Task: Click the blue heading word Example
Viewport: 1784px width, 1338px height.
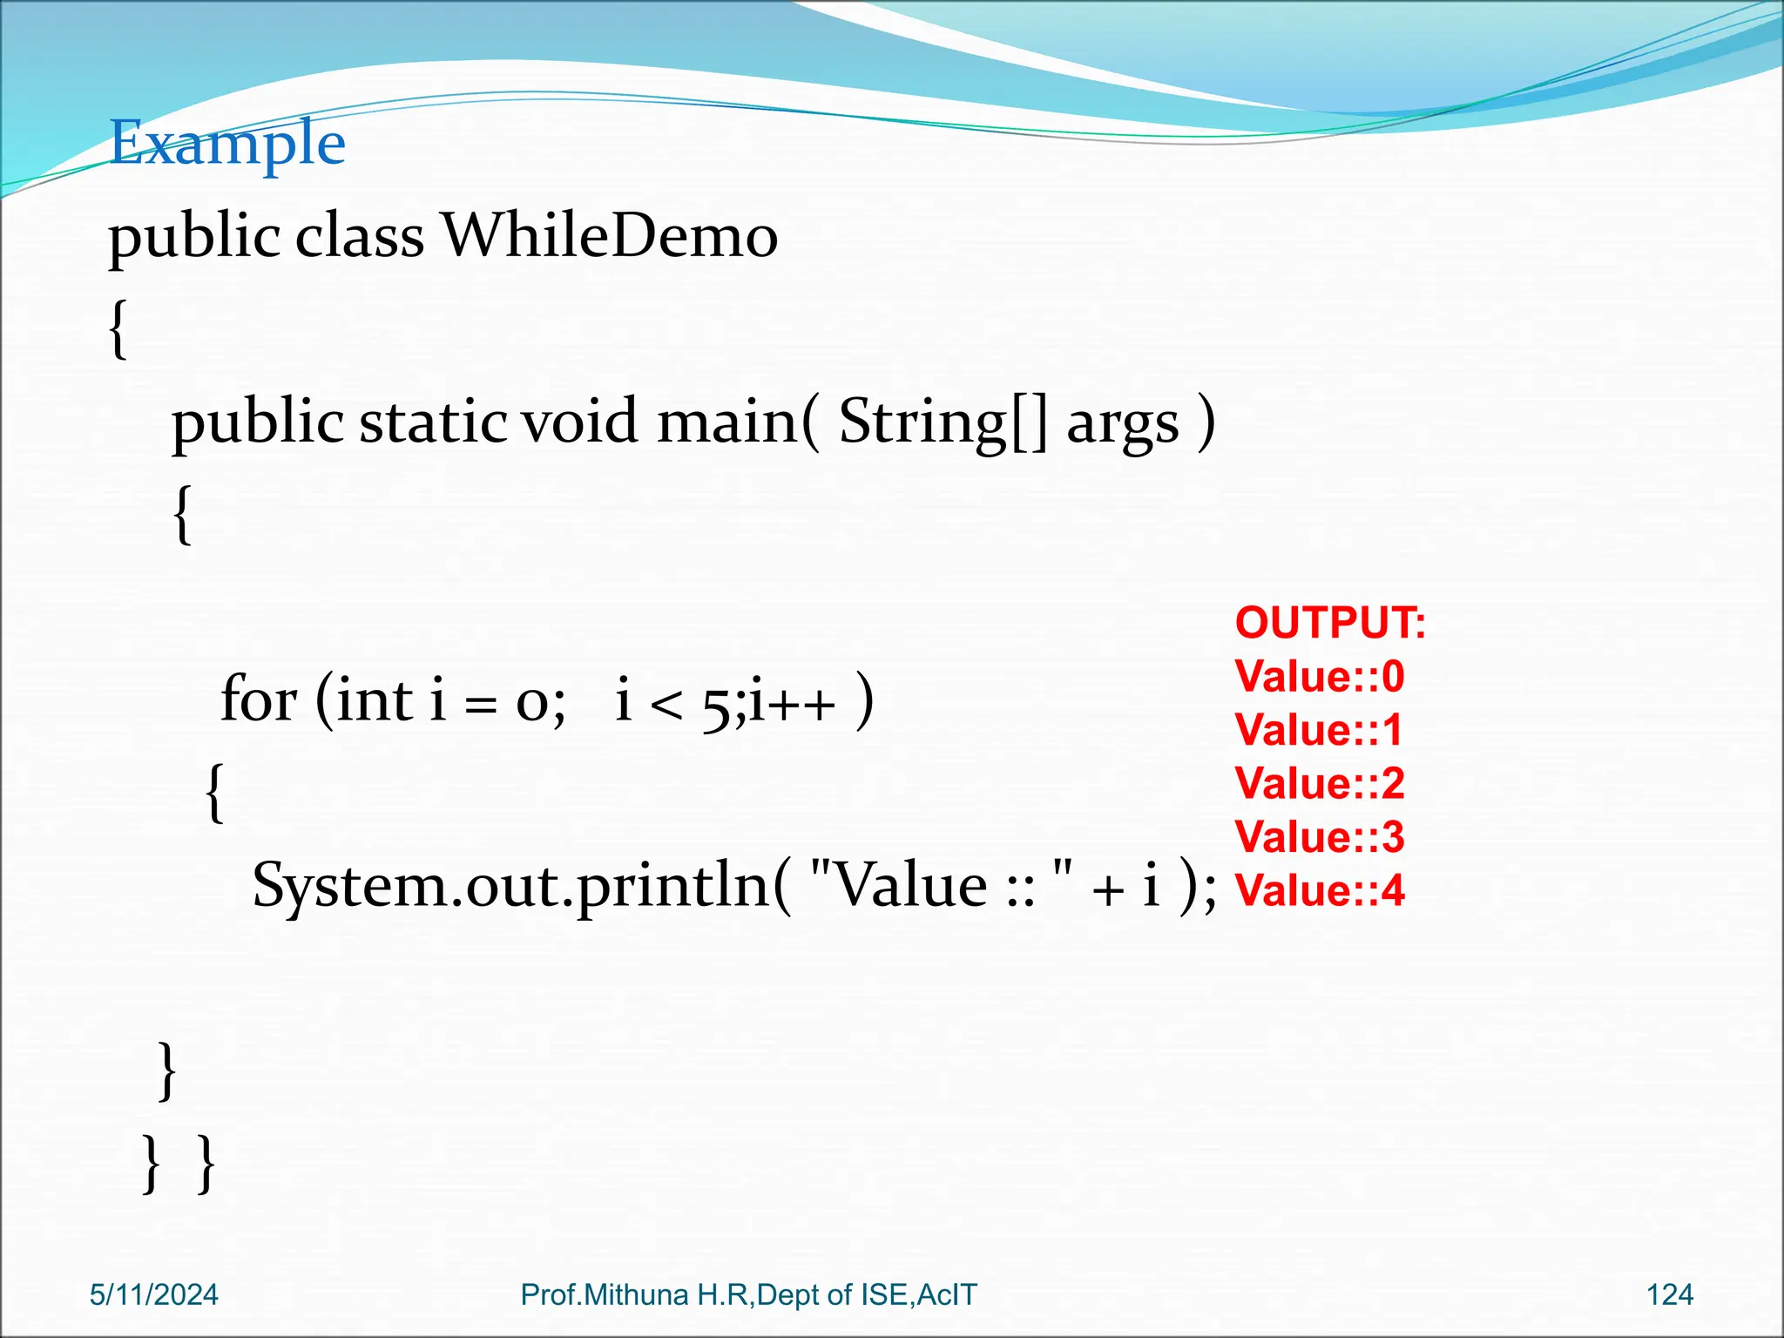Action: click(227, 144)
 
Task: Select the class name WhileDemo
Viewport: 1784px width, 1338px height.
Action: click(610, 236)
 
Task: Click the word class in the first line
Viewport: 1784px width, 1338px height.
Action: click(359, 236)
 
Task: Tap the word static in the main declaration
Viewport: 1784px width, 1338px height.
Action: click(433, 422)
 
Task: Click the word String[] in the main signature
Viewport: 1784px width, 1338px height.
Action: click(942, 422)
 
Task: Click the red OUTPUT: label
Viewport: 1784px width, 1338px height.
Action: click(1329, 624)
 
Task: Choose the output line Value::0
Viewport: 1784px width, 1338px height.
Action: click(1319, 677)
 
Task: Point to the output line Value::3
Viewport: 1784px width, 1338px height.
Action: click(1319, 837)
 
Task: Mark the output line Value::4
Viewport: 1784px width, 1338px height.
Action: click(1319, 890)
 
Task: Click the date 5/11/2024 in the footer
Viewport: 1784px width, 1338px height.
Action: click(154, 1295)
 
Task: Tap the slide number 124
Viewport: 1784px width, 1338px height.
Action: click(1669, 1295)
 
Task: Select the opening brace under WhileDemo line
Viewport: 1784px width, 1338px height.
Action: click(118, 329)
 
